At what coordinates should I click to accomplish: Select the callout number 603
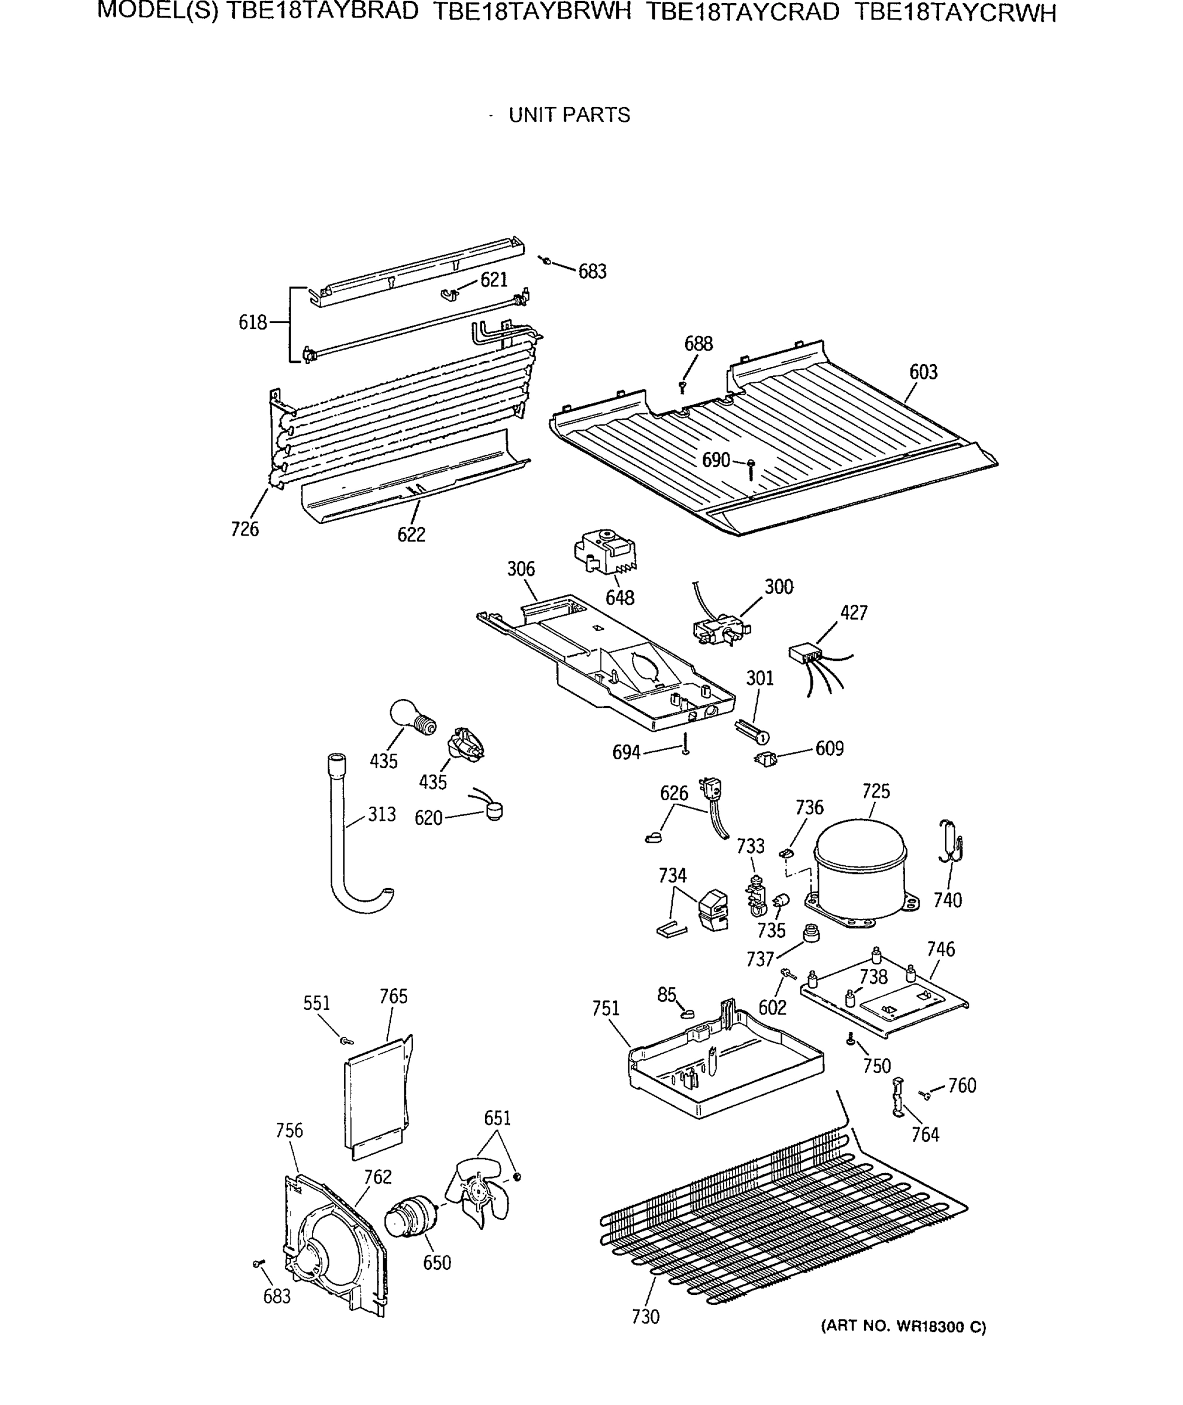pyautogui.click(x=923, y=372)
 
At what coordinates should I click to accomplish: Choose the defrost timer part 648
pyautogui.click(x=605, y=551)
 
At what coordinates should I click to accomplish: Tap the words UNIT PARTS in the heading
pyautogui.click(x=569, y=115)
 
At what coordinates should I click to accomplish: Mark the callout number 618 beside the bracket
pyautogui.click(x=253, y=323)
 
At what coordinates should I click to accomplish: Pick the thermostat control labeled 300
pyautogui.click(x=721, y=629)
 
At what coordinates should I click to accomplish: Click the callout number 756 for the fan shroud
pyautogui.click(x=289, y=1130)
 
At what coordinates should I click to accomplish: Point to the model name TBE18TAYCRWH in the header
pyautogui.click(x=955, y=13)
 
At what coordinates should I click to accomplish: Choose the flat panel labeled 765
pyautogui.click(x=377, y=1101)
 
